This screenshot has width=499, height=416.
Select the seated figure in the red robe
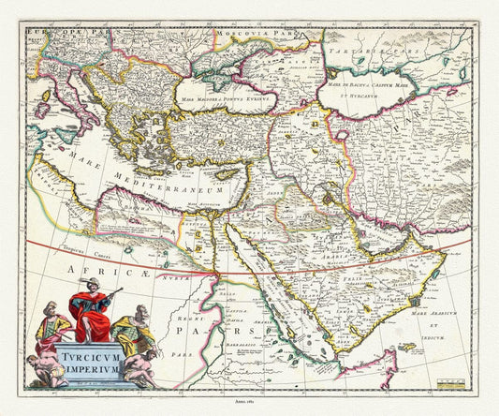[89, 314]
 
